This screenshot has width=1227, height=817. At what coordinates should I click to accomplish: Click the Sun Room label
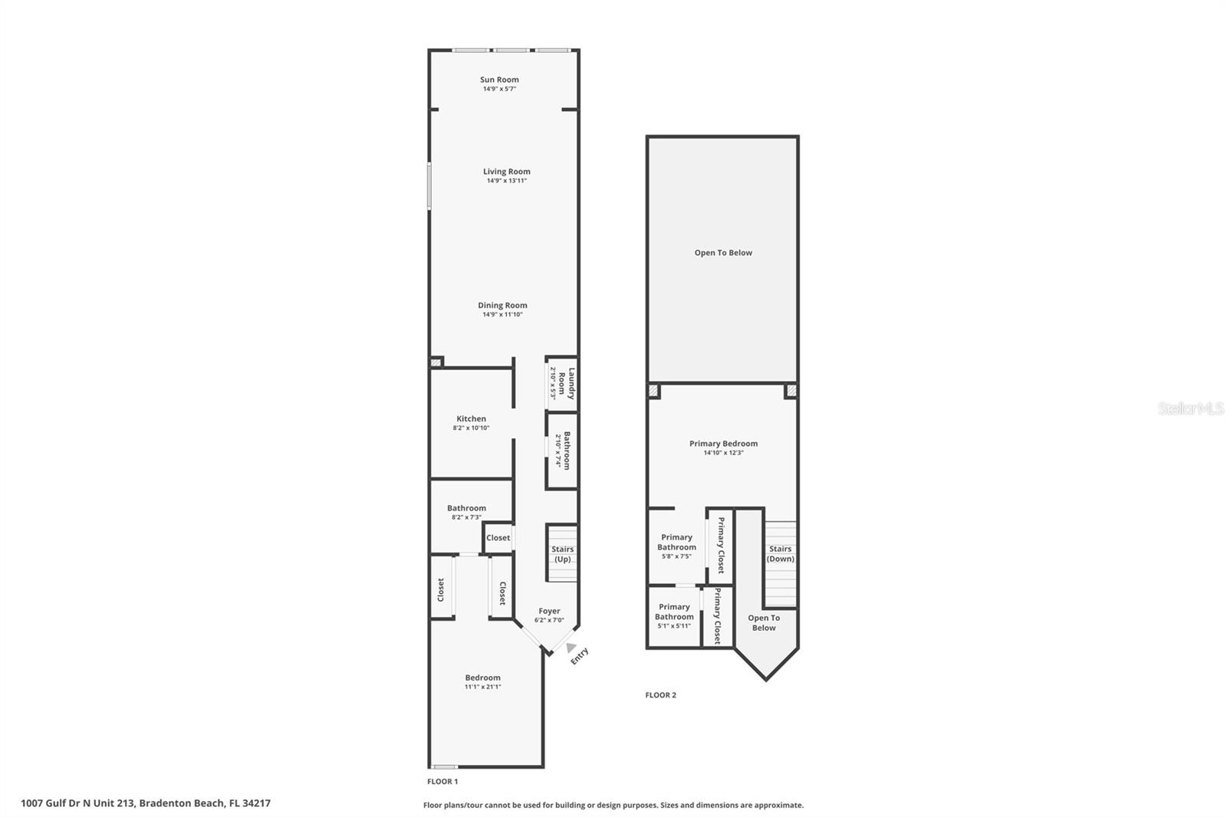pos(499,80)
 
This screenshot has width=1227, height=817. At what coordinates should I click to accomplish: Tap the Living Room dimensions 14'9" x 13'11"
pos(506,181)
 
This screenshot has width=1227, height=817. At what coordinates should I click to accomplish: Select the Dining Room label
pos(502,305)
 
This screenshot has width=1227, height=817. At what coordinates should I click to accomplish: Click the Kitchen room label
pos(471,418)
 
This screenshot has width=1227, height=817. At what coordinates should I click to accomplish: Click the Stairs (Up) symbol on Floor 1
pos(562,553)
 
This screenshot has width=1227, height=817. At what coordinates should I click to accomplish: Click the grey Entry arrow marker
pos(571,648)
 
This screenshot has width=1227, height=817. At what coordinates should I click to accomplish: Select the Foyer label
pos(549,611)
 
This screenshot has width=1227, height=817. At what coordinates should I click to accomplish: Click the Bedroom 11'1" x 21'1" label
pos(482,678)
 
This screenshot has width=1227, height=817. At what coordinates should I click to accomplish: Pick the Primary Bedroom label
pos(723,443)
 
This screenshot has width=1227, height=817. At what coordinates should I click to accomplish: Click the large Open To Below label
pos(723,252)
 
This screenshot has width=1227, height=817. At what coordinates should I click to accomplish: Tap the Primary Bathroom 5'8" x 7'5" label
pos(676,542)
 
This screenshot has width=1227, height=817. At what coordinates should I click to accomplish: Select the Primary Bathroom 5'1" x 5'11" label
pos(674,612)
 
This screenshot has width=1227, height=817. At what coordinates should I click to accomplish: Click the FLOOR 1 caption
pos(442,782)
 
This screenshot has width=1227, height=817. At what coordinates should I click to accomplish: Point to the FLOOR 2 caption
pos(660,695)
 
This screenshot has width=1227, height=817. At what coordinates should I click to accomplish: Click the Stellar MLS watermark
pos(1190,409)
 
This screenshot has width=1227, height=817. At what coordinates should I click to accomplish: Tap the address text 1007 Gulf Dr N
pos(146,803)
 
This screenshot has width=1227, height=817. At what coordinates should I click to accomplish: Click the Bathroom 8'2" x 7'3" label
pos(466,508)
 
